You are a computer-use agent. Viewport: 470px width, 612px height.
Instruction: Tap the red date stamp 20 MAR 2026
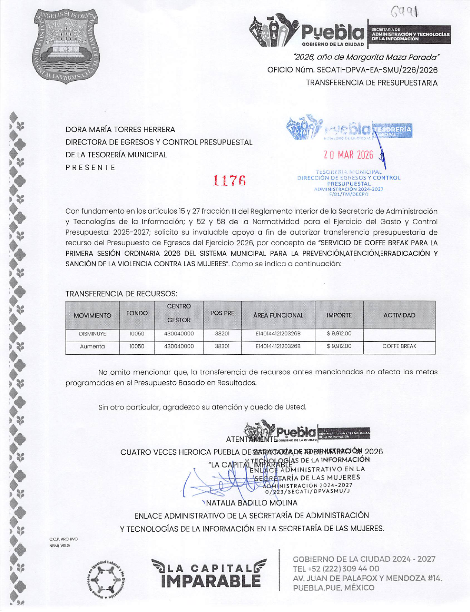(x=348, y=155)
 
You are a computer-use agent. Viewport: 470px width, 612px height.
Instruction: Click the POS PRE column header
(x=222, y=313)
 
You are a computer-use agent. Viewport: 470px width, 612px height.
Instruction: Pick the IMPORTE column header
(x=339, y=315)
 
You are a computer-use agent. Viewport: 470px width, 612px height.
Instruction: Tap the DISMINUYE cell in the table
(x=92, y=334)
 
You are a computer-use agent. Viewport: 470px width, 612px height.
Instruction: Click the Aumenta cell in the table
(x=92, y=347)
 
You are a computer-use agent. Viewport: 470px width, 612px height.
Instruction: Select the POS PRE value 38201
(x=222, y=334)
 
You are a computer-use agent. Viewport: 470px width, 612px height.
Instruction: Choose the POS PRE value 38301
(x=222, y=347)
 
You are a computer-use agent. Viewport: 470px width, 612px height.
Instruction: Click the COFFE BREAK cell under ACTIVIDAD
(x=399, y=347)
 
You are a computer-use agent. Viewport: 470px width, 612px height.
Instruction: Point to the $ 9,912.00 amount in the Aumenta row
(x=339, y=347)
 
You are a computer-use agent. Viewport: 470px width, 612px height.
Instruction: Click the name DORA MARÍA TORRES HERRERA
(x=120, y=130)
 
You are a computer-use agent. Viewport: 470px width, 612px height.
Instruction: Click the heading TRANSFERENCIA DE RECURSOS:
(x=121, y=294)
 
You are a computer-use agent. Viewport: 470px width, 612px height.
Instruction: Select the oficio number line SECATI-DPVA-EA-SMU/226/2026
(x=352, y=70)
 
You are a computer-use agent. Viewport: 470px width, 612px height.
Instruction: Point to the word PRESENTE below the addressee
(x=90, y=167)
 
